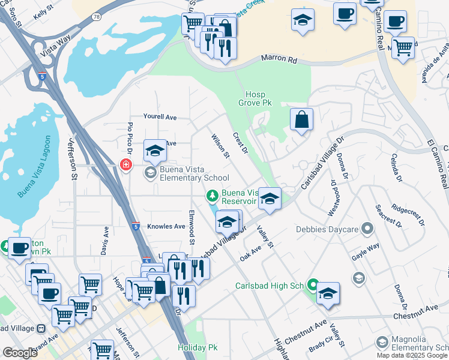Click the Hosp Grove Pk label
[259, 99]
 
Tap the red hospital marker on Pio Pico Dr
[125, 164]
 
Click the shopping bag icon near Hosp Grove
[301, 119]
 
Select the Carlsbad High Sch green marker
[312, 284]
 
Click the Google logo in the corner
[20, 352]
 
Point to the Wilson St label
[220, 146]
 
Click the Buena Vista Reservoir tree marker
[211, 195]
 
